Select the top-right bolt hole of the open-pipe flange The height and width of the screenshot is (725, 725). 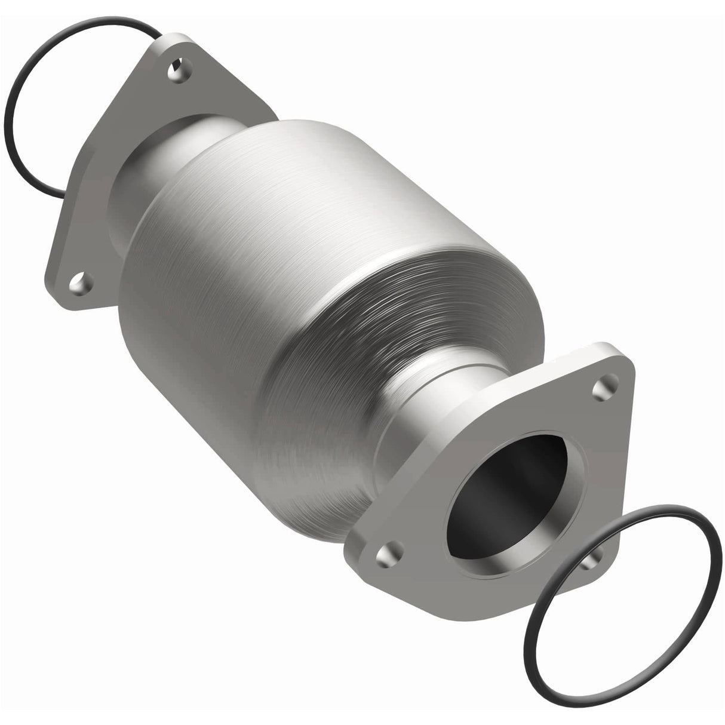(x=602, y=388)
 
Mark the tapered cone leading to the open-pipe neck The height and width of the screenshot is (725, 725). (x=334, y=358)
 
